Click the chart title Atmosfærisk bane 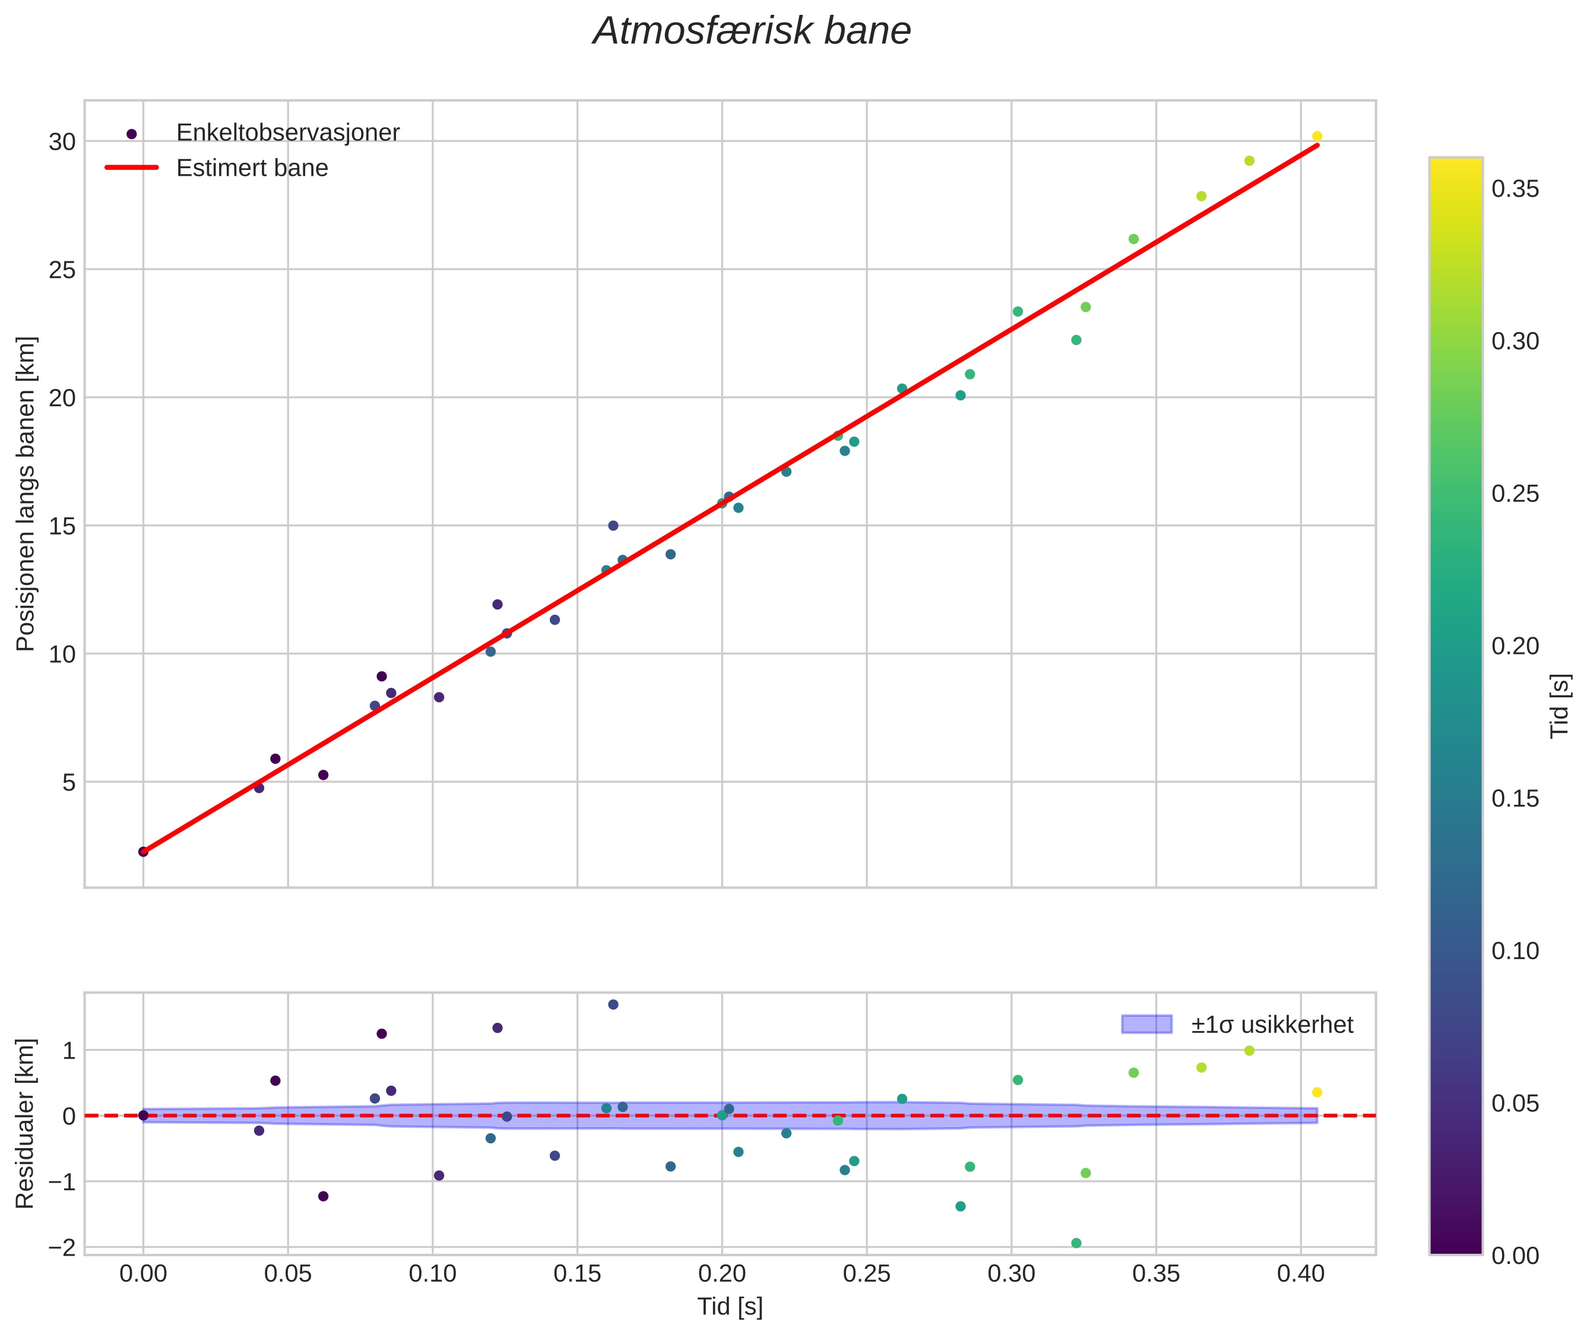[x=752, y=31]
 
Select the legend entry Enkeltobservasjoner [x=287, y=133]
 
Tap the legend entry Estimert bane [x=252, y=168]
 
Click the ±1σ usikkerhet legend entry [x=1272, y=1025]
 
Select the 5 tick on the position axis [x=69, y=783]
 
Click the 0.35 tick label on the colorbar [x=1515, y=189]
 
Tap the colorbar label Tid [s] [x=1560, y=706]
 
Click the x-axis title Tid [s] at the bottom [x=730, y=1307]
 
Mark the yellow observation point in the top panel [x=1317, y=136]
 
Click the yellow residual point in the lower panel [x=1317, y=1092]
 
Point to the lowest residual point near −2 [x=1076, y=1243]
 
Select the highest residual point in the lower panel [x=613, y=1004]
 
